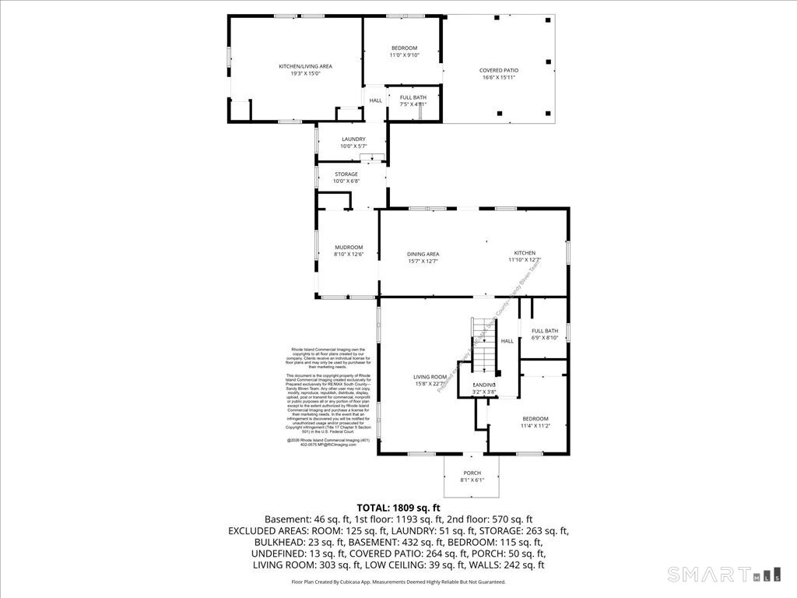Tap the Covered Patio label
tap(499, 70)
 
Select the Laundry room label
tap(353, 139)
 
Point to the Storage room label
tap(346, 174)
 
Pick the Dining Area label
tap(423, 254)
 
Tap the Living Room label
tap(429, 377)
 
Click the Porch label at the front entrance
tap(472, 473)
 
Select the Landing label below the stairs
tap(485, 385)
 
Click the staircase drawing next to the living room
tap(483, 346)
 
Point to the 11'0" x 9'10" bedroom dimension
tap(404, 55)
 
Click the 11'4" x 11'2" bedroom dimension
tap(535, 426)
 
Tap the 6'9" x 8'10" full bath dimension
tap(545, 338)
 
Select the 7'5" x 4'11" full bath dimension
tap(413, 104)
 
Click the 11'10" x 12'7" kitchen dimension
tap(525, 260)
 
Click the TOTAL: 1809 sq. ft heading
tap(398, 507)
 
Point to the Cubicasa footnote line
tap(398, 582)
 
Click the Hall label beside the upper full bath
tap(376, 100)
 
